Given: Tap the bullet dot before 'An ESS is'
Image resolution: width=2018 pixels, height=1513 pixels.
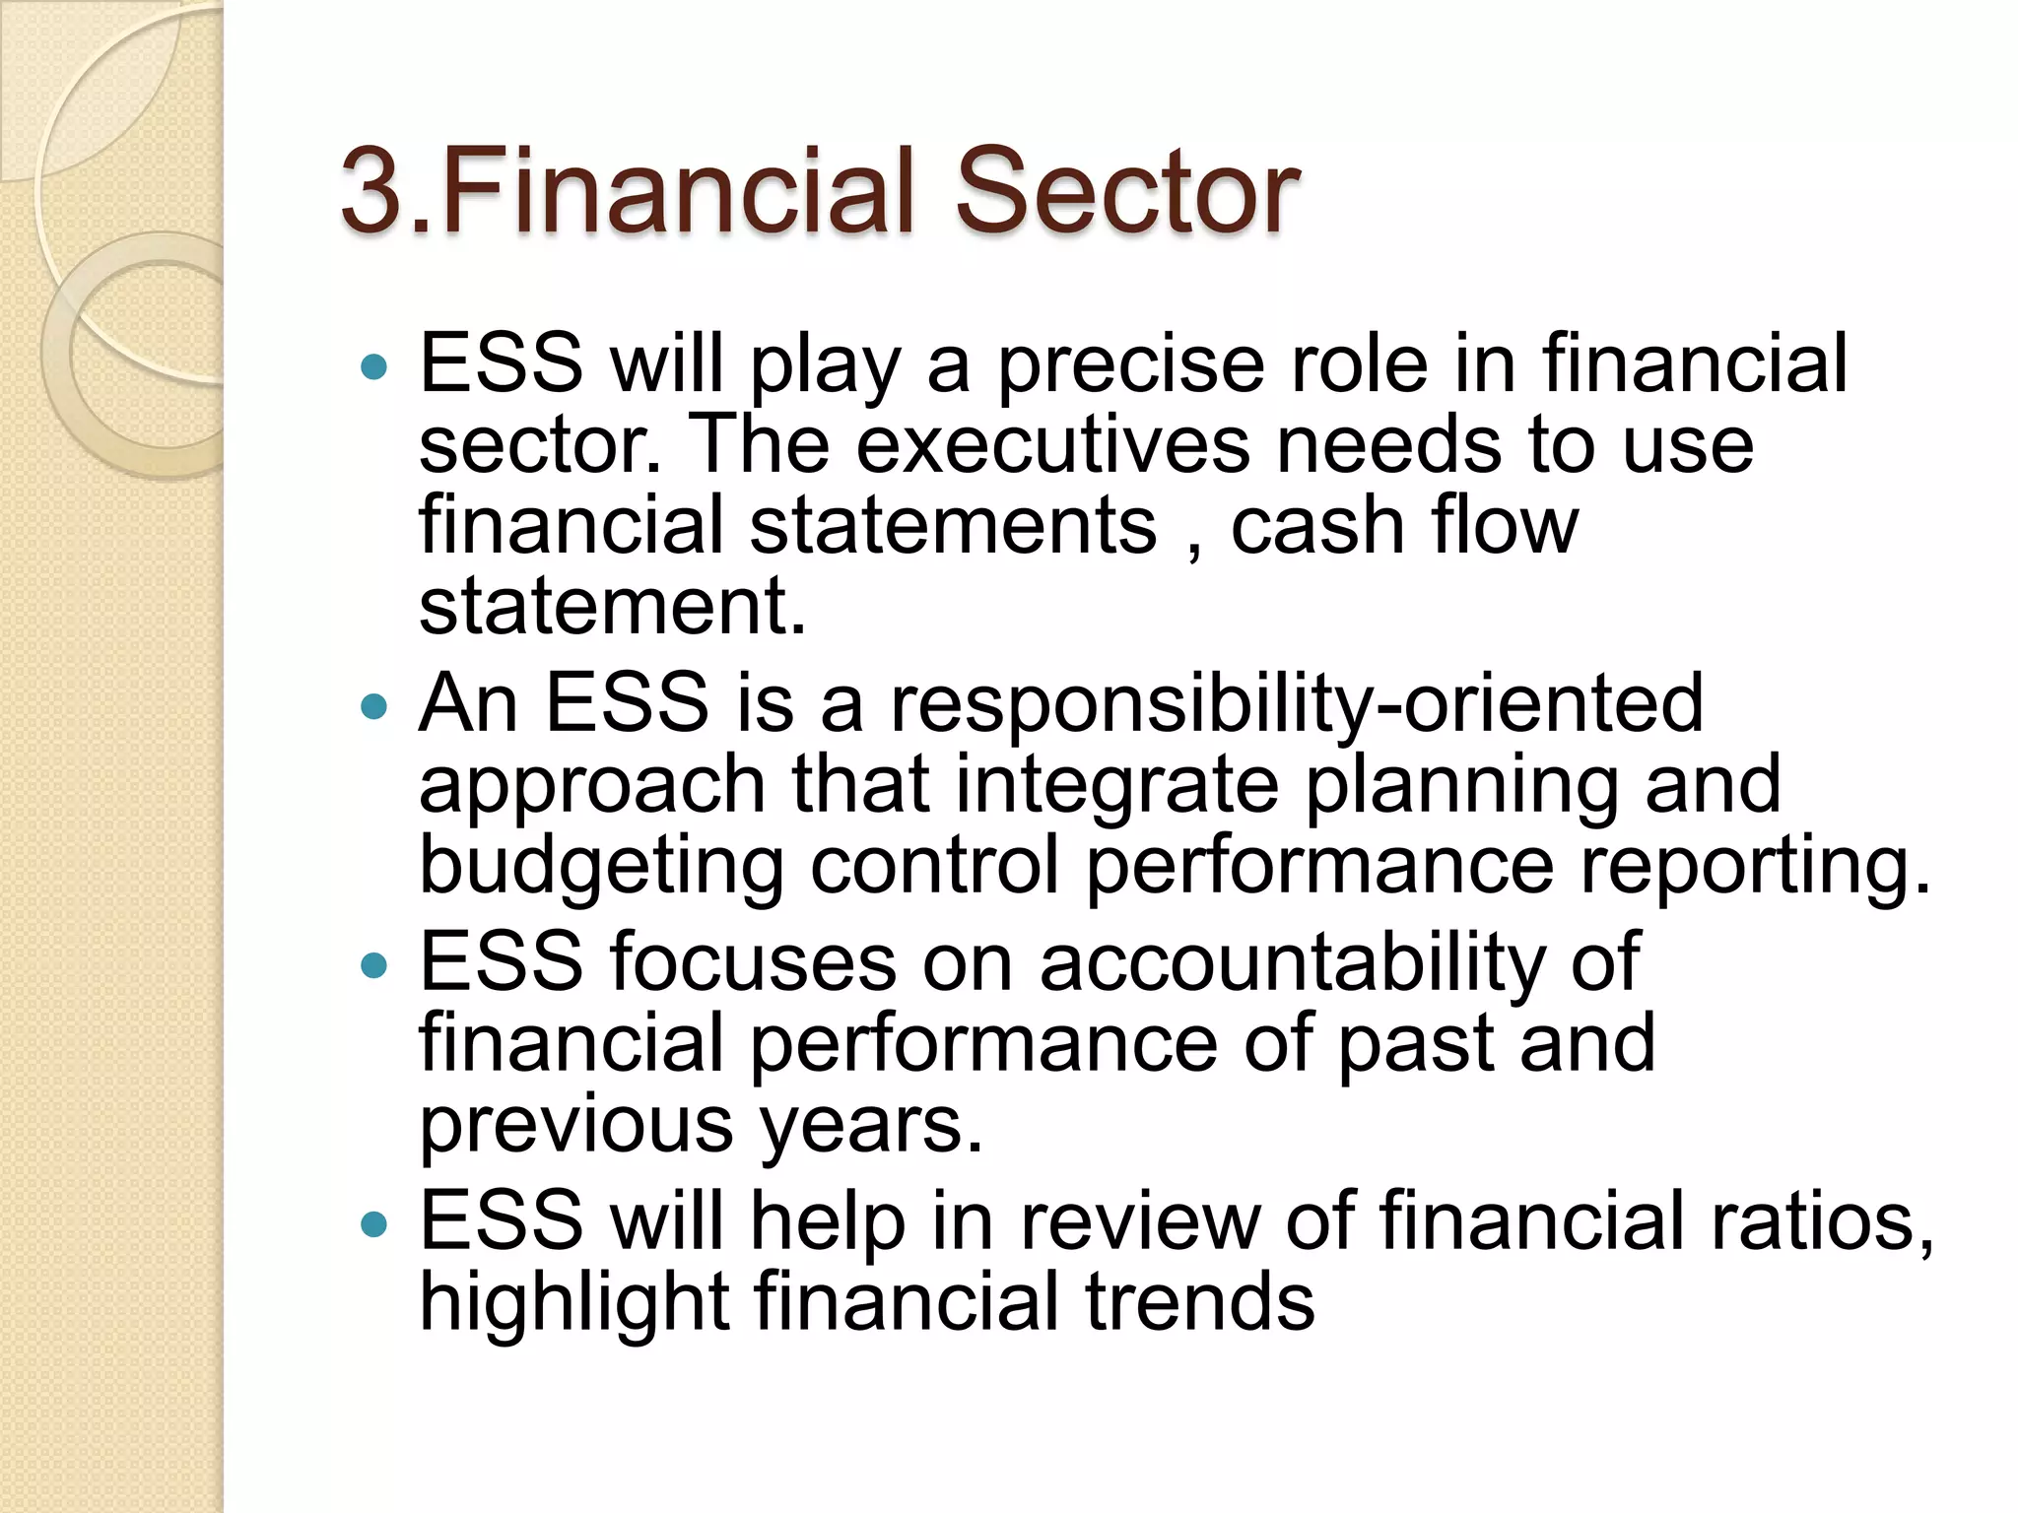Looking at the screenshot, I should (374, 706).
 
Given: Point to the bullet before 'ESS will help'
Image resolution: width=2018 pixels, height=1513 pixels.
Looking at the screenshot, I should (374, 1224).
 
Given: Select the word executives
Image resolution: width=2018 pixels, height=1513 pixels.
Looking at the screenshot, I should (1051, 445).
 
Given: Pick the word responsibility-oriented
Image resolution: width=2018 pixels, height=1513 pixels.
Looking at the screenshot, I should (1296, 705).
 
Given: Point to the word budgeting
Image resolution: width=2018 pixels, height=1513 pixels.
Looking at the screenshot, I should (601, 867).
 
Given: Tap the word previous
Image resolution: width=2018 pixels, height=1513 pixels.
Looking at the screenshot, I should (575, 1125).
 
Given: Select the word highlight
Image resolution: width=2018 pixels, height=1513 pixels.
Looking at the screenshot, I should (574, 1303).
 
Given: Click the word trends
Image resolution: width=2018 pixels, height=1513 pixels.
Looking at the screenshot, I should (1199, 1303).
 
